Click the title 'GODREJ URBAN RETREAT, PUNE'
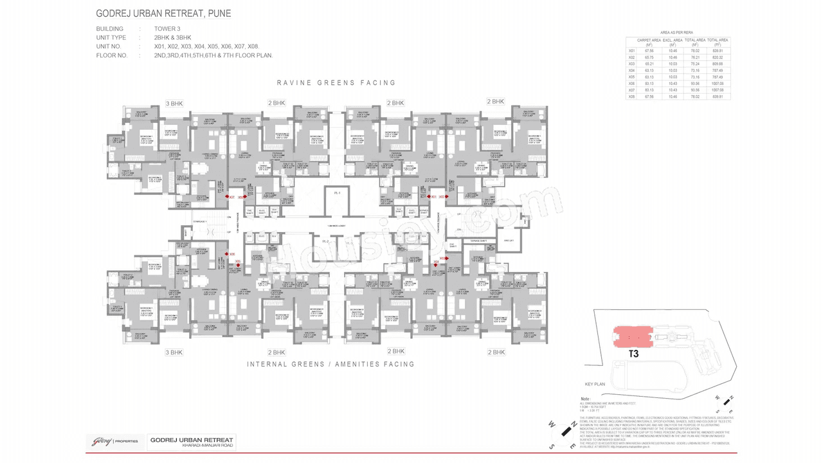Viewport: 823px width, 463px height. pos(163,14)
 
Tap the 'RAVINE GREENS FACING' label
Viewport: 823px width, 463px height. pos(336,83)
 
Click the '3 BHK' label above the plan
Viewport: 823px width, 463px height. pos(174,103)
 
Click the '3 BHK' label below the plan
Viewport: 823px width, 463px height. pos(174,352)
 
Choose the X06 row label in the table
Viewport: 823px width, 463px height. pos(631,84)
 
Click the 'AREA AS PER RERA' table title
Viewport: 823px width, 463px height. pos(676,32)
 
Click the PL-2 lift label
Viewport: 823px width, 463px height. pos(326,241)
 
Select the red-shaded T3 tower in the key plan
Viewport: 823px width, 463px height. pos(633,336)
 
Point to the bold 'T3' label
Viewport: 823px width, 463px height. pos(634,354)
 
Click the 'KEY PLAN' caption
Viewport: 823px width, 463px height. pos(595,384)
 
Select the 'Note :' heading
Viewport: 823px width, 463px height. pos(585,399)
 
